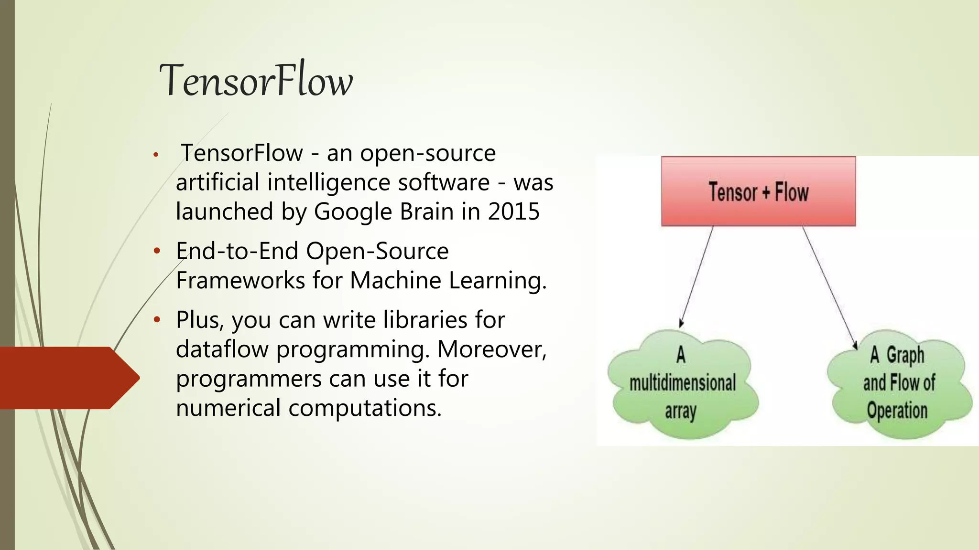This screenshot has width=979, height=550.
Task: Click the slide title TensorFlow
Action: click(x=256, y=80)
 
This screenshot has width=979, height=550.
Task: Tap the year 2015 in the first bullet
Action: click(x=513, y=212)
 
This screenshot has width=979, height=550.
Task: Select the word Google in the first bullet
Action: click(x=353, y=212)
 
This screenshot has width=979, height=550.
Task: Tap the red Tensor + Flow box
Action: click(x=758, y=191)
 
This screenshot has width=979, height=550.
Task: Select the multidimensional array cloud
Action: click(x=683, y=383)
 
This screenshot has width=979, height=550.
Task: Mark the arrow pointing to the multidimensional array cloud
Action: click(x=696, y=276)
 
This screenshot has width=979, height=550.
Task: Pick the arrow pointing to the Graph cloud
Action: click(x=829, y=286)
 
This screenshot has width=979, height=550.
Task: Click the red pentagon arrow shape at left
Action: click(x=67, y=378)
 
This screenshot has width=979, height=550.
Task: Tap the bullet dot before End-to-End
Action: click(x=156, y=251)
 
